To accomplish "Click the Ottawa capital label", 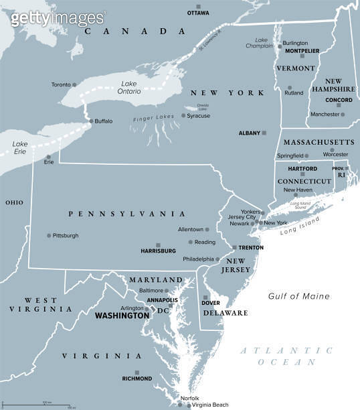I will coord(198,13).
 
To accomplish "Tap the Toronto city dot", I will coord(74,84).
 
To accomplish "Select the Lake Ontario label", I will coord(130,87).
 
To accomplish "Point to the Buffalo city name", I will coord(104,121).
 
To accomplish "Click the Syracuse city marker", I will coord(183,116).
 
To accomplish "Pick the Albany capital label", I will coord(249,133).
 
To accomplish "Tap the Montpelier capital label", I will coord(302,51).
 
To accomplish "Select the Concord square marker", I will coord(339,106).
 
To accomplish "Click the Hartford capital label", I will coord(298,169).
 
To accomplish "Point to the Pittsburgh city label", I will coord(66,235).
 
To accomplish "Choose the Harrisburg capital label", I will coord(158,251).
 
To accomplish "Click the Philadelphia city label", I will coord(198,259).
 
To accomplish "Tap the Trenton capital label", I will coord(252,247).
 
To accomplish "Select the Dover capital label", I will coord(211,303).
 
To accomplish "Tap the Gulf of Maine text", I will coord(299,296).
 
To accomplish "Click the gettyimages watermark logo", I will coord(58,18).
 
